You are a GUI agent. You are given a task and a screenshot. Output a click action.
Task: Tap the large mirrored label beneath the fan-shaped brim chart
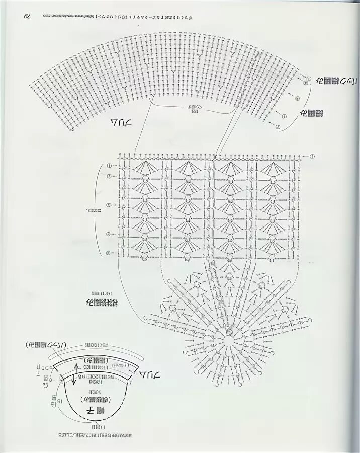119,122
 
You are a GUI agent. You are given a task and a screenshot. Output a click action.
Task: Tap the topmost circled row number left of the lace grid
109,166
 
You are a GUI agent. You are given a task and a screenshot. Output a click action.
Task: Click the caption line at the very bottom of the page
95,433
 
